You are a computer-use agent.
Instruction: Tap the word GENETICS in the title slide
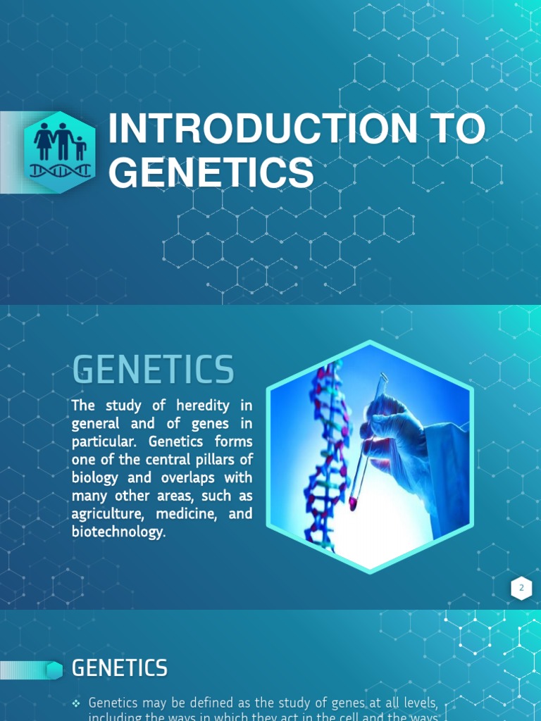pyautogui.click(x=211, y=173)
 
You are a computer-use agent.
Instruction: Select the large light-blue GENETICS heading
pyautogui.click(x=153, y=370)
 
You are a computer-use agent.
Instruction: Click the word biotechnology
pyautogui.click(x=117, y=532)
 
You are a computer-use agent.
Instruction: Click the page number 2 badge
pyautogui.click(x=521, y=589)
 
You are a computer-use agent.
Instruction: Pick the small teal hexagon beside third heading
pyautogui.click(x=54, y=670)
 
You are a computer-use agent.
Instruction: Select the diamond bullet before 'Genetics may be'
pyautogui.click(x=77, y=703)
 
